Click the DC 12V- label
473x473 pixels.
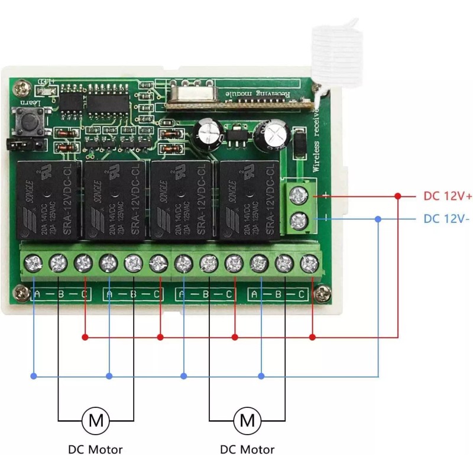point(446,219)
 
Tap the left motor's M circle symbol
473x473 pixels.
point(96,420)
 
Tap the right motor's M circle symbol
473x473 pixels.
point(247,420)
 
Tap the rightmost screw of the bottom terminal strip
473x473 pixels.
point(309,262)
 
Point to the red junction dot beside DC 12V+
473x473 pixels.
point(398,196)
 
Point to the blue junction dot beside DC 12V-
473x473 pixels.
point(378,219)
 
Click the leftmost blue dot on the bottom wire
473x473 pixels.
point(34,376)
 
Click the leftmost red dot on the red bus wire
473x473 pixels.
point(85,337)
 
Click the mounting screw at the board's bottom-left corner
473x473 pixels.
point(22,291)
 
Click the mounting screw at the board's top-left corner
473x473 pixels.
point(22,89)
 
